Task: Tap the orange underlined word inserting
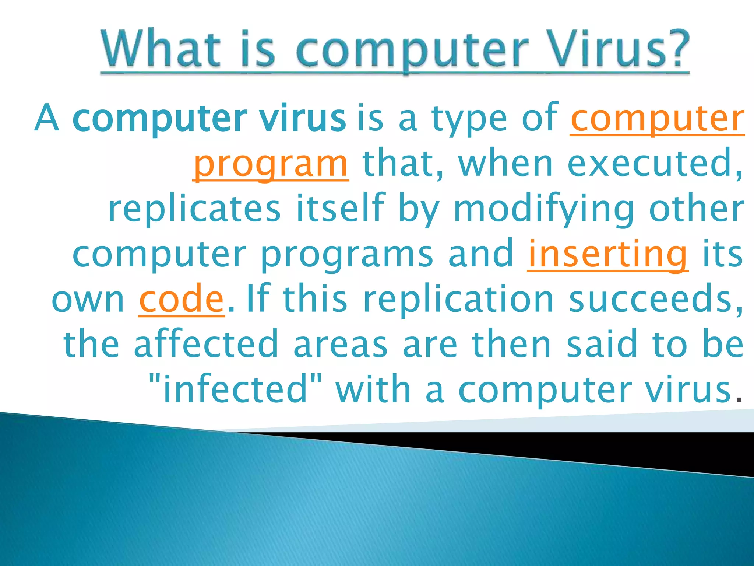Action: click(607, 254)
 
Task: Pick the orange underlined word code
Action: click(182, 299)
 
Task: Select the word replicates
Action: click(194, 209)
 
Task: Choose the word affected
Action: click(206, 345)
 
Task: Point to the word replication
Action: click(458, 299)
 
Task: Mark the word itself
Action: click(341, 209)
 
